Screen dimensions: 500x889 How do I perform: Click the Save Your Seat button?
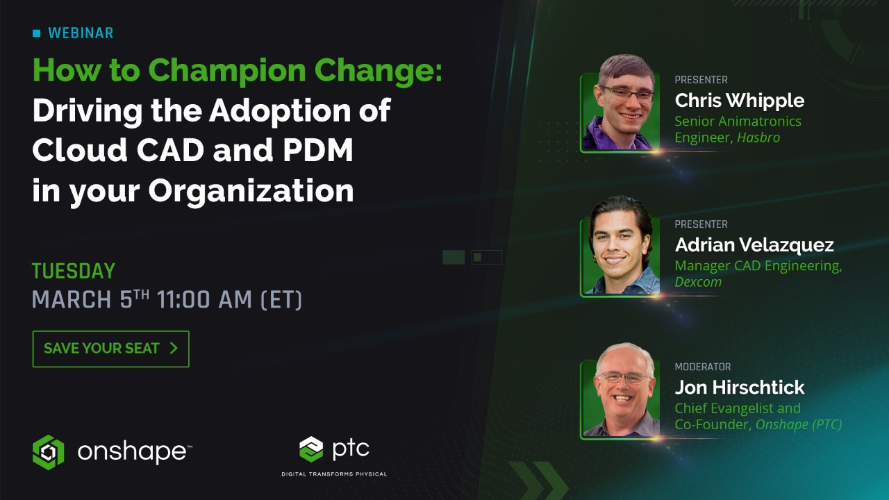click(x=110, y=349)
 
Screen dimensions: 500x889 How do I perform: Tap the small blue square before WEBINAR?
click(x=37, y=33)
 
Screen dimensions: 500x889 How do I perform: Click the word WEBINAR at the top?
click(x=81, y=33)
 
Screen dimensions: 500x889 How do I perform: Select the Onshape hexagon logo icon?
click(x=48, y=452)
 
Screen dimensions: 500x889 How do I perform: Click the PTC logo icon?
click(x=311, y=449)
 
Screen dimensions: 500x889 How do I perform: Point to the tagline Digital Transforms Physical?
click(x=334, y=474)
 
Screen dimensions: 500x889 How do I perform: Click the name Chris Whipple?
click(x=739, y=101)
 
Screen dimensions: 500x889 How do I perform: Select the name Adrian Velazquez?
click(x=754, y=245)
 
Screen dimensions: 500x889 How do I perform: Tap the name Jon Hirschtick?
click(x=740, y=387)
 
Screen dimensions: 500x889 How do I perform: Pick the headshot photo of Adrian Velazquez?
click(x=620, y=247)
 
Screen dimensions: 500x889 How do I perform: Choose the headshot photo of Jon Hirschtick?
click(x=620, y=390)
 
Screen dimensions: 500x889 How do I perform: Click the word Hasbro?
click(x=758, y=137)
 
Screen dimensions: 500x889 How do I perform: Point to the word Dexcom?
click(x=698, y=282)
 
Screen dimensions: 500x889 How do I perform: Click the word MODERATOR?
click(x=703, y=367)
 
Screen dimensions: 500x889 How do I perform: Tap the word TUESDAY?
click(x=74, y=271)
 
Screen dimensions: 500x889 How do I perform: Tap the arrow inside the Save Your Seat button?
click(x=174, y=348)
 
